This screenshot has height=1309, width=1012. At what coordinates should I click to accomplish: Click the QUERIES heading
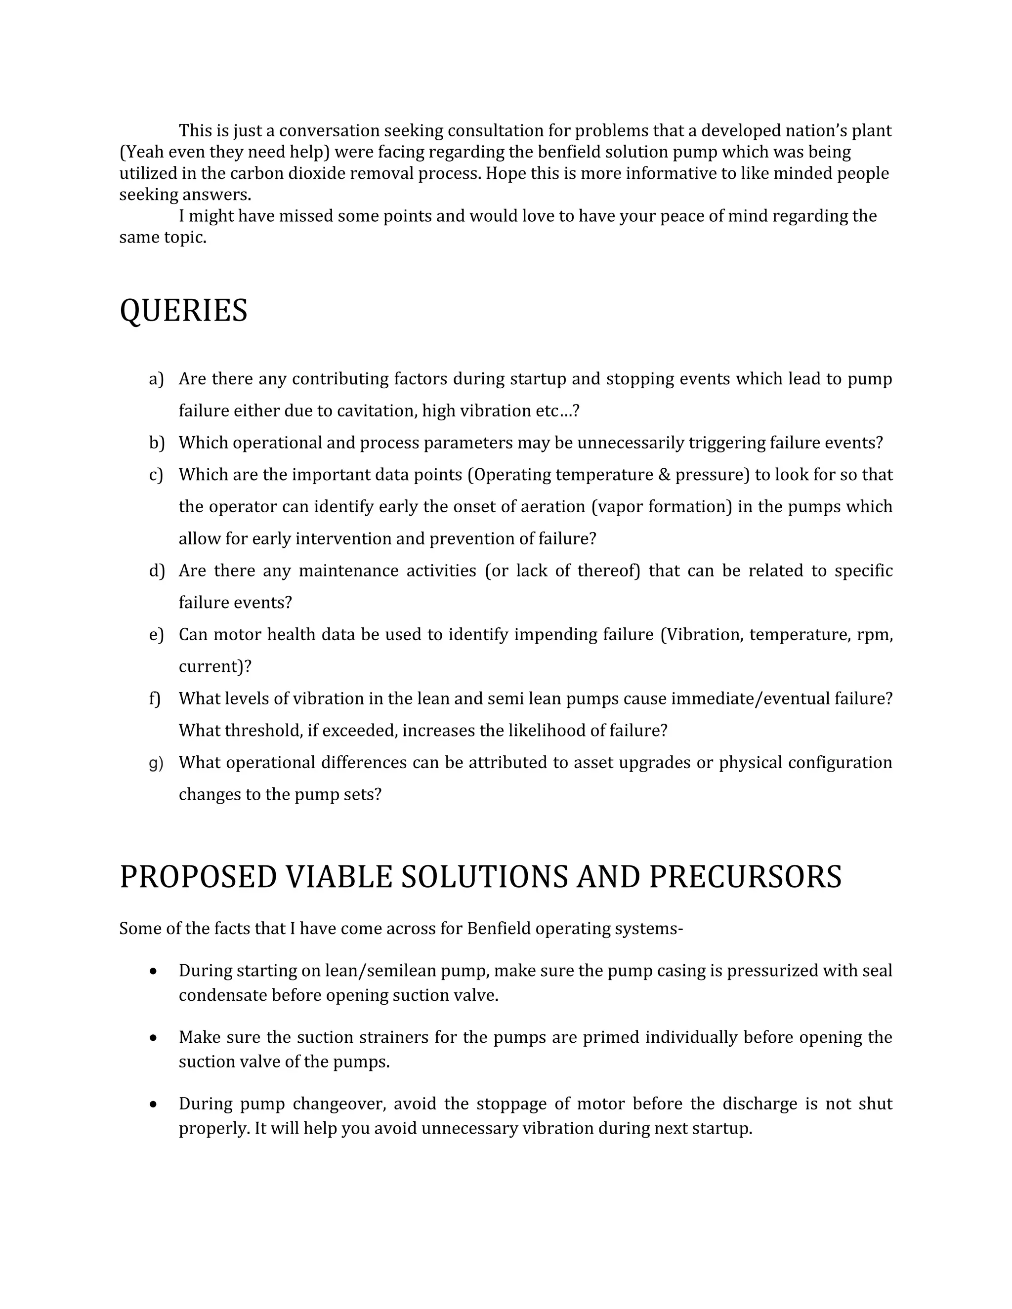click(x=183, y=311)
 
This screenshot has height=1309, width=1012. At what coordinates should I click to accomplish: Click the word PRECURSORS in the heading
click(x=745, y=877)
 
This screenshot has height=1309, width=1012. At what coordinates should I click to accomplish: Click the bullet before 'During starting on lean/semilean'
click(x=154, y=971)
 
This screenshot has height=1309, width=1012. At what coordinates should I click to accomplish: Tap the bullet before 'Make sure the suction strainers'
click(x=154, y=1037)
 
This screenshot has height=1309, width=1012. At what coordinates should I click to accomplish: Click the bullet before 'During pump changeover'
click(x=154, y=1104)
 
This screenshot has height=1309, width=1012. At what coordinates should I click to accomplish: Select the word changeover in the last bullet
click(x=339, y=1104)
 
